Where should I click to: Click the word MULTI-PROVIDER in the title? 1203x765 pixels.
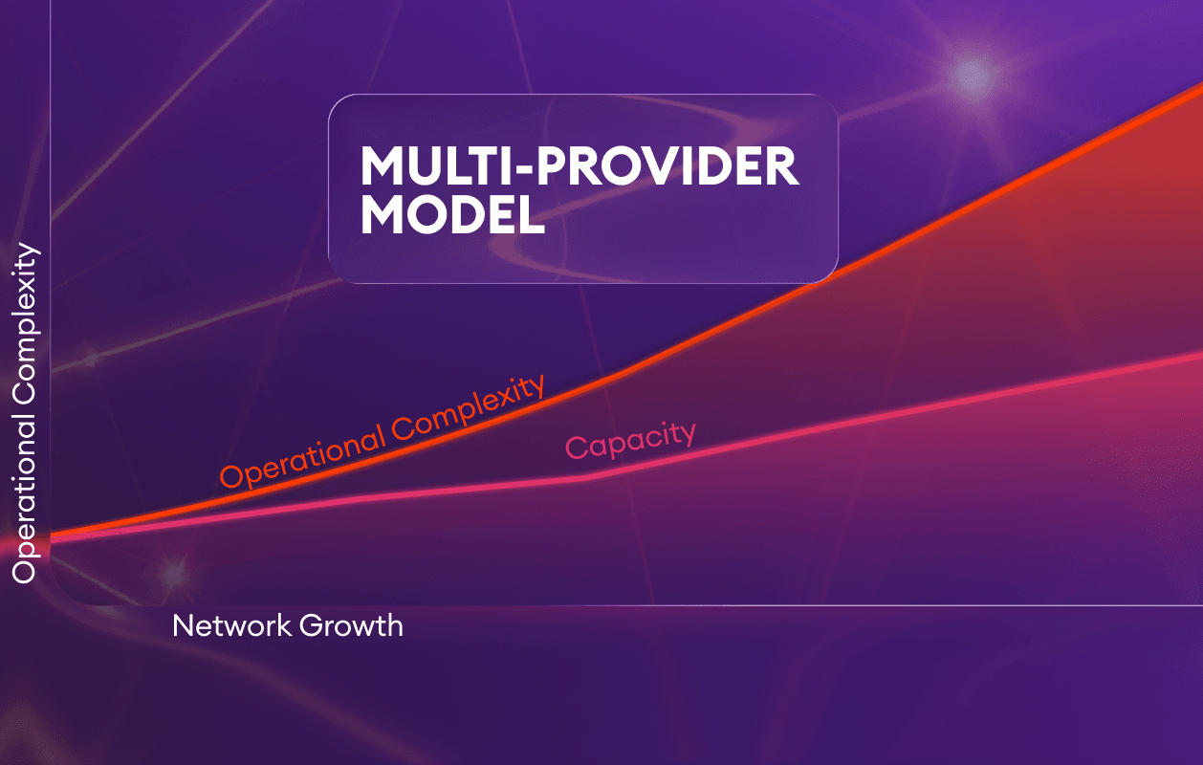[580, 166]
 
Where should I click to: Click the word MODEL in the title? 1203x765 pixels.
[453, 214]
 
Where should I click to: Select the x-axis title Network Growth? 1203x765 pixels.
[288, 625]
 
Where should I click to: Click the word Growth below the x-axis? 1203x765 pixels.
[351, 625]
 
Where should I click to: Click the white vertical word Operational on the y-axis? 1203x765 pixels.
[25, 499]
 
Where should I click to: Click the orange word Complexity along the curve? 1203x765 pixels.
[469, 407]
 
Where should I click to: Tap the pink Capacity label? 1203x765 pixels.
[631, 440]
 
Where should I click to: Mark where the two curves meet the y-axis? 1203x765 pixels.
[51, 537]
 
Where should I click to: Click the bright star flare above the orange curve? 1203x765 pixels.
[972, 76]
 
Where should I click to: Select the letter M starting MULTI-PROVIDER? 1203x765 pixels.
[382, 166]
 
